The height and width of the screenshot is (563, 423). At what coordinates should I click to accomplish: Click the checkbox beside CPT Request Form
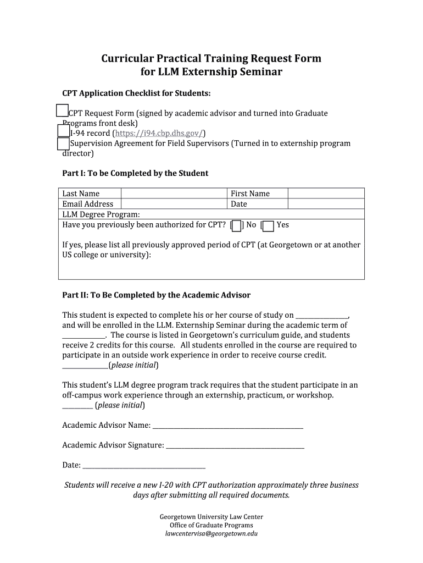pyautogui.click(x=62, y=111)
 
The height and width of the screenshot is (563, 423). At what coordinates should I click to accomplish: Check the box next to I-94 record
pyautogui.click(x=63, y=130)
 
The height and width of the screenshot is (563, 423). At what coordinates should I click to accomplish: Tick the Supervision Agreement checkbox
pyautogui.click(x=63, y=144)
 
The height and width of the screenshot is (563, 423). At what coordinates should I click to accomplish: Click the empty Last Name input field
pyautogui.click(x=174, y=194)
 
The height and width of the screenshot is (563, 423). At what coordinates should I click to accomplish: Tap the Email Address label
pyautogui.click(x=88, y=204)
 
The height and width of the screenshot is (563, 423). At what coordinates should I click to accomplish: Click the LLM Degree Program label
pyautogui.click(x=101, y=214)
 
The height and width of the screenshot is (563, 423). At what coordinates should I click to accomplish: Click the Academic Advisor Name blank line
pyautogui.click(x=227, y=426)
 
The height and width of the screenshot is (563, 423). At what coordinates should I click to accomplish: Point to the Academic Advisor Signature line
pyautogui.click(x=235, y=446)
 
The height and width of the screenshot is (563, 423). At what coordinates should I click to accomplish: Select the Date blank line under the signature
pyautogui.click(x=143, y=466)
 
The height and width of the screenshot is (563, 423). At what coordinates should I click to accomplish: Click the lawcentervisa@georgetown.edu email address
pyautogui.click(x=211, y=534)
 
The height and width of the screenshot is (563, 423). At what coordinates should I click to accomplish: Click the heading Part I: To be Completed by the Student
pyautogui.click(x=135, y=173)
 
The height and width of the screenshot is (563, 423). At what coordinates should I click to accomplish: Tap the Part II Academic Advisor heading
pyautogui.click(x=156, y=295)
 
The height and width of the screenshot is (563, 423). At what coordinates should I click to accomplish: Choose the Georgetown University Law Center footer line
pyautogui.click(x=211, y=517)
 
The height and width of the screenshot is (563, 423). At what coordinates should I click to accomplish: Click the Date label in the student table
pyautogui.click(x=239, y=204)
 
